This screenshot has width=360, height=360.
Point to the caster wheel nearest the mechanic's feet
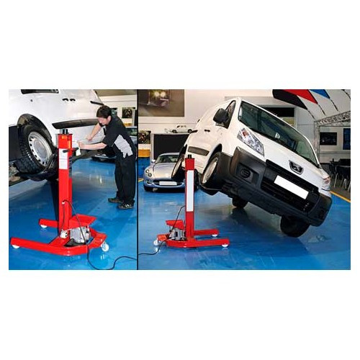pos(105,247)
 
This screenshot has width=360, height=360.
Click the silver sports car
pos(163,174)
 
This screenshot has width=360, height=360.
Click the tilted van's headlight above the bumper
pos(251,141)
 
